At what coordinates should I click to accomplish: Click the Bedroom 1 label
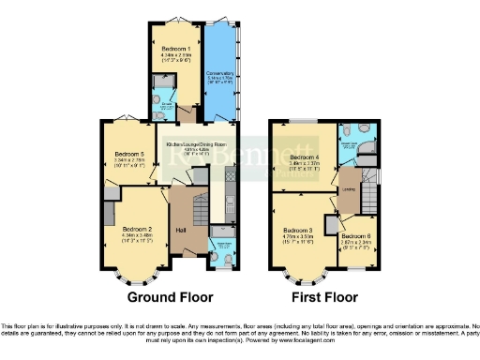point(175,48)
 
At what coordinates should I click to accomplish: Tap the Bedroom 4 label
point(306,157)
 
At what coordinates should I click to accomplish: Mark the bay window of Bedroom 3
point(302,274)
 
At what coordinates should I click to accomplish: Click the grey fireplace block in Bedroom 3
point(331,225)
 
